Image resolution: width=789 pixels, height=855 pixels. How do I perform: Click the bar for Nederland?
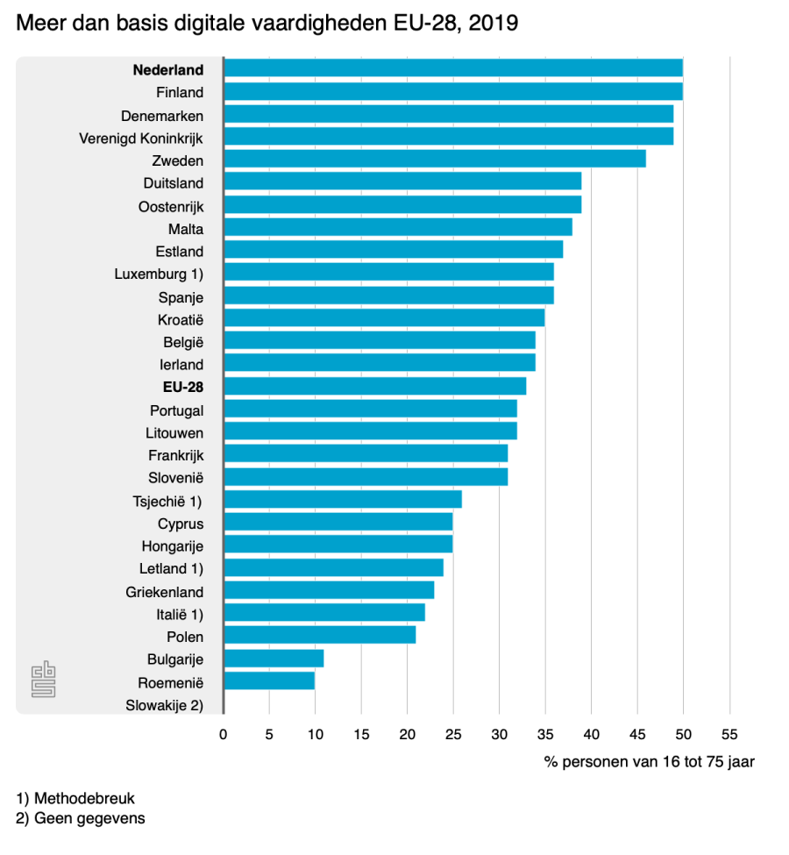coord(452,69)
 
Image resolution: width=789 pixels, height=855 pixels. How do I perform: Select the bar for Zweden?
coord(434,160)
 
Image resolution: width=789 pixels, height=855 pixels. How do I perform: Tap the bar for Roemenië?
coord(268,681)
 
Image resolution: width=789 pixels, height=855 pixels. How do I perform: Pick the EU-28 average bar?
coord(374,387)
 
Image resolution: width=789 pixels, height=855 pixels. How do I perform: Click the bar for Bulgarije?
coord(274,659)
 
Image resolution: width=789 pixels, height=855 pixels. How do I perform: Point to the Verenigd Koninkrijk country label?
coord(141,138)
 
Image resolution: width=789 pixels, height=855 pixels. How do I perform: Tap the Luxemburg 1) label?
coord(159,274)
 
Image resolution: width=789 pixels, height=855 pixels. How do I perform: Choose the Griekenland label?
coord(164,592)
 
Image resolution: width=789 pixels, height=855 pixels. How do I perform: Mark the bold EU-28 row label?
coord(183,387)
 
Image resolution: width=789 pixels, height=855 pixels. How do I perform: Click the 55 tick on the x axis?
coord(729,733)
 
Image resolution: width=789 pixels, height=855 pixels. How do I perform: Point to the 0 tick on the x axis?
coord(224,733)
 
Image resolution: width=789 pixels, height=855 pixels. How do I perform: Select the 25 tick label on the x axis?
coord(452,733)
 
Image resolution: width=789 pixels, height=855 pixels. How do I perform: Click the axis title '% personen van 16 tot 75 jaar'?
coord(649,762)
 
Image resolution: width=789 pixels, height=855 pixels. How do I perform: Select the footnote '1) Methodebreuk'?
coord(75,799)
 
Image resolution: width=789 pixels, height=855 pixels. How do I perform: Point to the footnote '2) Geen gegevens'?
coord(81,818)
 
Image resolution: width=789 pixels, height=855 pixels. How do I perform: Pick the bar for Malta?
coord(397,228)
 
